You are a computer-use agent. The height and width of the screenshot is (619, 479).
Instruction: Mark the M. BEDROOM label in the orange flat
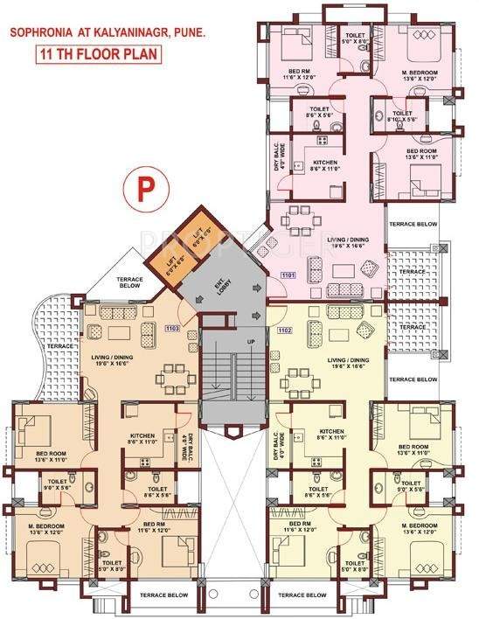click(49, 530)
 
